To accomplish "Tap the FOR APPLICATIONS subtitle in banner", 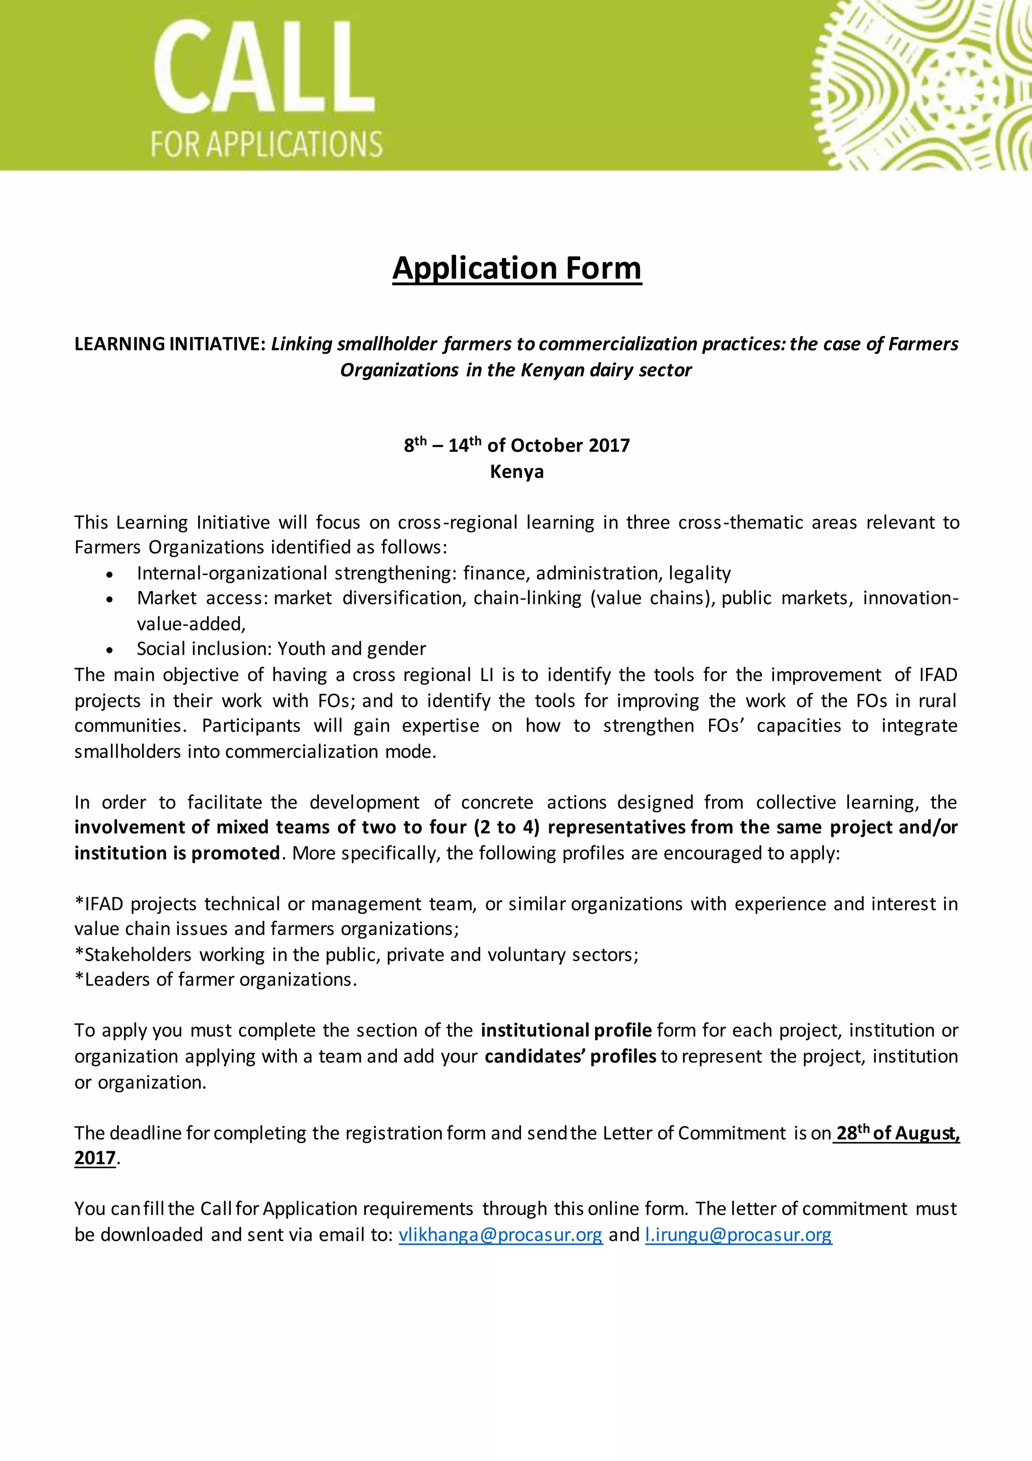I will [x=266, y=145].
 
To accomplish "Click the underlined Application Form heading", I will [x=517, y=268].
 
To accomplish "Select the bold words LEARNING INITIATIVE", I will [x=169, y=344].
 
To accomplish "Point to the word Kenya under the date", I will [x=517, y=472].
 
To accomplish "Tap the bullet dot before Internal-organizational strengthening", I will [x=110, y=574].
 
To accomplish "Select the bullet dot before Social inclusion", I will [x=110, y=650].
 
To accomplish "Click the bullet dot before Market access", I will [x=110, y=600].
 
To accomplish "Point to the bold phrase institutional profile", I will [x=566, y=1030].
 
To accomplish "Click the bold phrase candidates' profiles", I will [x=570, y=1056].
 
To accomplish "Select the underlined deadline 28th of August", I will [x=897, y=1134].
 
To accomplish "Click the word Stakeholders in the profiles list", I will [x=138, y=955].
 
